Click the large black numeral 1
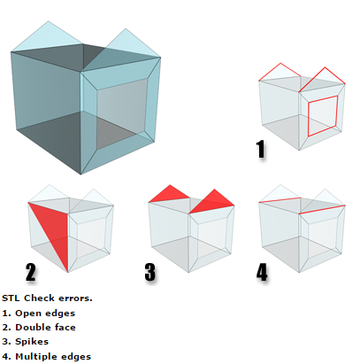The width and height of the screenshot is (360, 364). (x=261, y=149)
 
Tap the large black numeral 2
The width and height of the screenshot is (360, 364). (x=31, y=272)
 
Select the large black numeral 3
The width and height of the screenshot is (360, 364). (x=150, y=272)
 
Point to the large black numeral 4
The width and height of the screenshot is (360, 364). (x=262, y=272)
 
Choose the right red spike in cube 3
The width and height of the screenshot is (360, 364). (x=214, y=202)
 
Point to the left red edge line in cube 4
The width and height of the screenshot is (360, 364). (x=280, y=200)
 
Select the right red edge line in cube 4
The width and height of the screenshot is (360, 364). (x=322, y=209)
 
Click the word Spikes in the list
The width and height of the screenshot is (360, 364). (x=32, y=342)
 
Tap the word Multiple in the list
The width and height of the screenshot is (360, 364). (x=34, y=356)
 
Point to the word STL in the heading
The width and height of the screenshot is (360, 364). (x=11, y=298)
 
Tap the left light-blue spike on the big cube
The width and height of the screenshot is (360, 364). (x=48, y=37)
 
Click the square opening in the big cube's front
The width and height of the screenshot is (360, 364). (x=121, y=113)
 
